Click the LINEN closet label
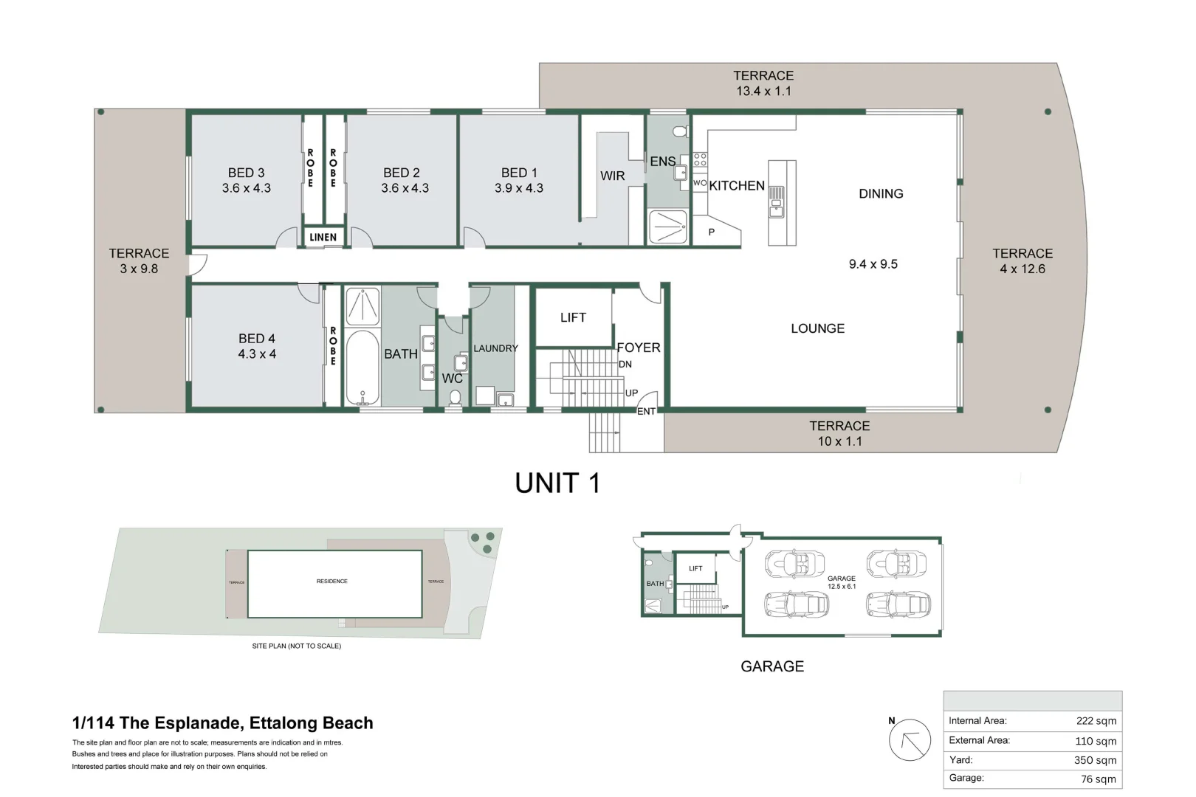pos(323,237)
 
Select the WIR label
pos(612,176)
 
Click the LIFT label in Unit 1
pos(573,317)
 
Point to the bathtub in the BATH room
pos(362,368)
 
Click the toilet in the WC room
pos(455,398)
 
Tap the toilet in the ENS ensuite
pos(681,131)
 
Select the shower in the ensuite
pos(668,227)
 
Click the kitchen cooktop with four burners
pos(700,159)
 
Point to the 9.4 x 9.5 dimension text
pos(873,264)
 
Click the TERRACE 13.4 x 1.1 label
pos(763,83)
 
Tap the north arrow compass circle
pos(910,739)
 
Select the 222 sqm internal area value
pos(1096,721)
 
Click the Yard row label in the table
pos(960,759)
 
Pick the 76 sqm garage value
pos(1098,779)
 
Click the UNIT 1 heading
pos(557,483)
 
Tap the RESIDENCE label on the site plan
pos(331,581)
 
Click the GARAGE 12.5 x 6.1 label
pos(841,582)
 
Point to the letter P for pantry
pos(711,232)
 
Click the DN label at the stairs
pos(625,364)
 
